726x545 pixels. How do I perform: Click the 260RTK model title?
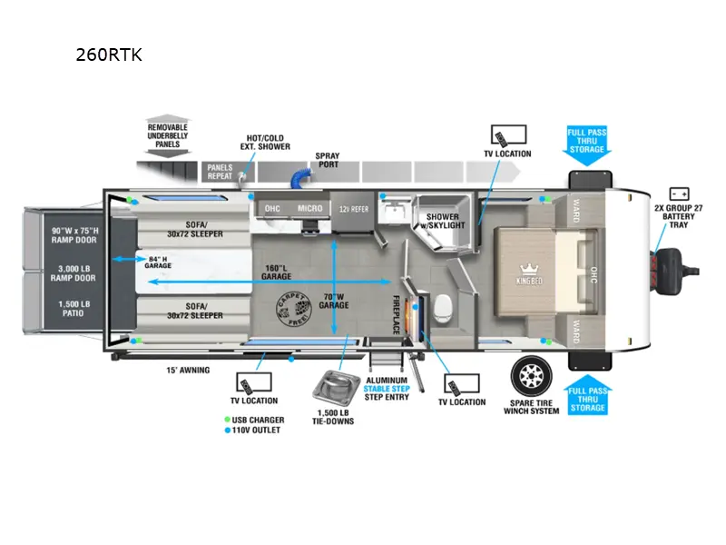[110, 54]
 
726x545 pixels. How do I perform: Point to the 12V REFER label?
[354, 209]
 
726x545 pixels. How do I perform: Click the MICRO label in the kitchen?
[309, 209]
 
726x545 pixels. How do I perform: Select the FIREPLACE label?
[397, 314]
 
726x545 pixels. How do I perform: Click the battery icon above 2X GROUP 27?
[677, 193]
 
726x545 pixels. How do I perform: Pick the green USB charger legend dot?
[227, 420]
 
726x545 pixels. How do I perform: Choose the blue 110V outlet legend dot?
[227, 430]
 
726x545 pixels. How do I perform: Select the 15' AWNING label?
[187, 370]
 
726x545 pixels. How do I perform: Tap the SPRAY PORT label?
[328, 161]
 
